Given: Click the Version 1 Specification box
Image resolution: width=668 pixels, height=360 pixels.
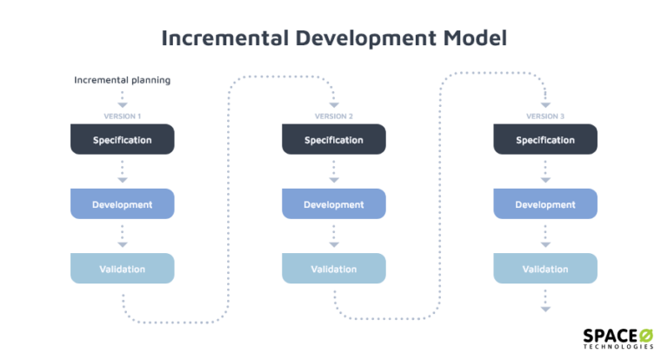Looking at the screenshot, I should click(x=122, y=139).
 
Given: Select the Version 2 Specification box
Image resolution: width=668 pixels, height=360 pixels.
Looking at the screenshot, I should click(x=333, y=139).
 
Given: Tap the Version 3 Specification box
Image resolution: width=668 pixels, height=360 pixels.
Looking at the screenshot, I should click(x=545, y=139).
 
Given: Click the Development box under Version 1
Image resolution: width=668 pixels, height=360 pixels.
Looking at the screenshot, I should click(x=122, y=203).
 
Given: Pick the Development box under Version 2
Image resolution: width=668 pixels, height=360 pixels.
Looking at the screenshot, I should click(x=333, y=203).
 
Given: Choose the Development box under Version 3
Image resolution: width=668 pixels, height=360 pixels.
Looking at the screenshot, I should click(x=545, y=203).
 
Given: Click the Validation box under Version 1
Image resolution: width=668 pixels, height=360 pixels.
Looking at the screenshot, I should click(x=122, y=269).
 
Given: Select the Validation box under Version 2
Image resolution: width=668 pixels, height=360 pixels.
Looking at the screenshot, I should click(x=333, y=269).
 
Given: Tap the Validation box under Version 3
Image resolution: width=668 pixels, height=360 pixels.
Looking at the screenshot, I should click(x=545, y=269).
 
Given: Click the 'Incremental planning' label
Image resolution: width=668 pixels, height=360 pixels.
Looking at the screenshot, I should click(x=122, y=80).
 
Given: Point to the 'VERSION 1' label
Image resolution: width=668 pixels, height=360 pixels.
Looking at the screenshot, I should click(x=122, y=117).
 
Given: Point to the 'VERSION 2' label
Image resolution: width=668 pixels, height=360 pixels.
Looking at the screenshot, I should click(x=333, y=117).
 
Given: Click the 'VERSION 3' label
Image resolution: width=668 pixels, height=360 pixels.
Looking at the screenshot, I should click(x=545, y=117).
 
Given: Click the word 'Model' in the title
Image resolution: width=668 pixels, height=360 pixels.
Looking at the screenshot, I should click(x=470, y=38).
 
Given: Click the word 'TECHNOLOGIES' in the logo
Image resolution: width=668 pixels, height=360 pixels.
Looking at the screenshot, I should click(x=618, y=347).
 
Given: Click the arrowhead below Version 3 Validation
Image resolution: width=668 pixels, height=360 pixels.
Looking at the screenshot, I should click(x=545, y=308).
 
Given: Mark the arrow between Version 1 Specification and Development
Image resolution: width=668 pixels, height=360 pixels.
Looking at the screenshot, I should click(x=122, y=171).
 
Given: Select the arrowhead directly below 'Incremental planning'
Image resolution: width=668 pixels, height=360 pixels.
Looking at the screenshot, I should click(x=122, y=104).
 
